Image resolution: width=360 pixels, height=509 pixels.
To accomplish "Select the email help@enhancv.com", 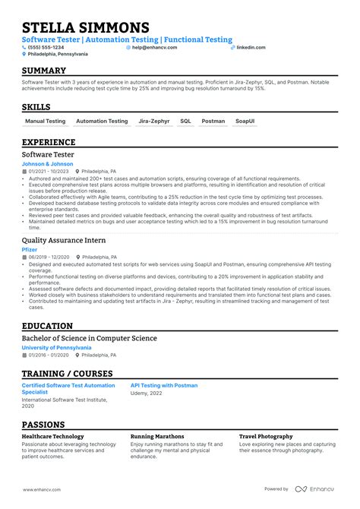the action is (154, 47).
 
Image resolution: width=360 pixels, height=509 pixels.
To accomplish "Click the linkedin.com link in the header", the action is (251, 47).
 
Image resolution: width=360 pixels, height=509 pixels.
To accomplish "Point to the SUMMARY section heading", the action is (44, 71).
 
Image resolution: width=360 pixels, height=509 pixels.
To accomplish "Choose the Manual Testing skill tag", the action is (46, 121).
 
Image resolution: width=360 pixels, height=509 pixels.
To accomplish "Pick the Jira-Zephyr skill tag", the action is (154, 121).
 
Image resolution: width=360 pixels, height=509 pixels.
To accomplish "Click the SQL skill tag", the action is (185, 121).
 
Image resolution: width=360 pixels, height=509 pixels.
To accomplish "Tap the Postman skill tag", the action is (213, 121).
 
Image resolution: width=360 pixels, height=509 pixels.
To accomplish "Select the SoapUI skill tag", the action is (245, 121).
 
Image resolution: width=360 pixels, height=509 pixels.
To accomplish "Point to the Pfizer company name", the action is (30, 248).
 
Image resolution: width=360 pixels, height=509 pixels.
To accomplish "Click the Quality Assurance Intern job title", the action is (64, 239).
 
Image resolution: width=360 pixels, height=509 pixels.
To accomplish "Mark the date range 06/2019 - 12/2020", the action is (48, 257).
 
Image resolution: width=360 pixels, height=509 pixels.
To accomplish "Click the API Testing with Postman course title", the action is (164, 385).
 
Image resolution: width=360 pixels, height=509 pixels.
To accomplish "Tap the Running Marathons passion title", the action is (157, 437).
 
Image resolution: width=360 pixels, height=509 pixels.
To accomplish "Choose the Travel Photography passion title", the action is (266, 437).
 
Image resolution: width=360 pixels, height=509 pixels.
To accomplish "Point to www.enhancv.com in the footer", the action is (42, 489).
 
